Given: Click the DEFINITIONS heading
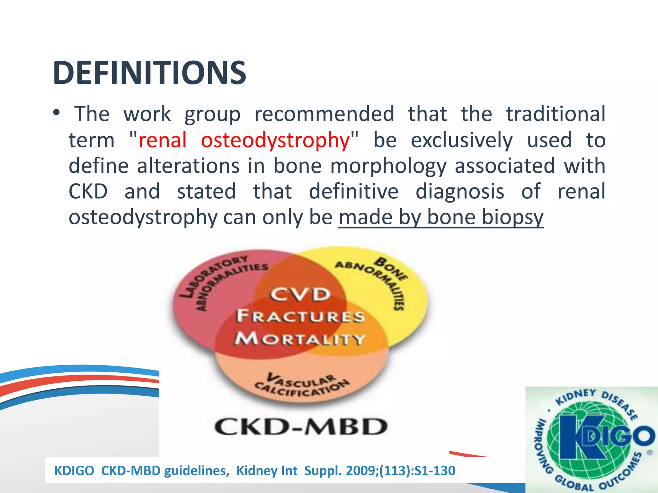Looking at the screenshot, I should [x=149, y=73].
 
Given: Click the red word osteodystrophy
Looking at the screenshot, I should [x=275, y=141].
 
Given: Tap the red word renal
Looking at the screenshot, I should [x=162, y=140].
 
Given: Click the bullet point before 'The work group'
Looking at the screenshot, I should [x=57, y=113].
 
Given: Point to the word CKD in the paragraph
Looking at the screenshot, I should [x=88, y=192].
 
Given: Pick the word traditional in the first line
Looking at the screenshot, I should [x=556, y=114].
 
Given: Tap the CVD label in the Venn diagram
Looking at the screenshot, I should [x=300, y=294].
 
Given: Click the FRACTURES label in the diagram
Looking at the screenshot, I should [x=300, y=316].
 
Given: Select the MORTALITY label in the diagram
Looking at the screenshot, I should [x=300, y=339].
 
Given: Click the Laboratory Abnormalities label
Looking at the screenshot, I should [x=218, y=279].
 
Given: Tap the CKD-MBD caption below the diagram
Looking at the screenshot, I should [x=301, y=427].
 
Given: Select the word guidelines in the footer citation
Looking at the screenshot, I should [x=197, y=471].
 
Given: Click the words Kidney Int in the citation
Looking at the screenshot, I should [x=267, y=471].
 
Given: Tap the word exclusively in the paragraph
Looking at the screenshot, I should [x=462, y=141].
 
